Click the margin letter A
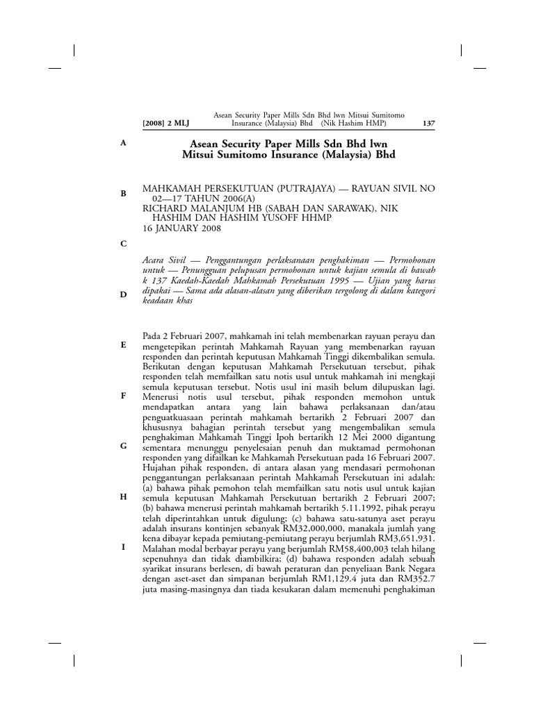[x=123, y=142]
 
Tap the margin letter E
[x=123, y=344]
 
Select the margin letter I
[x=123, y=547]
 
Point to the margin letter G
[x=123, y=446]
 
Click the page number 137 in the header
[x=428, y=124]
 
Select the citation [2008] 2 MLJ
[x=165, y=124]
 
